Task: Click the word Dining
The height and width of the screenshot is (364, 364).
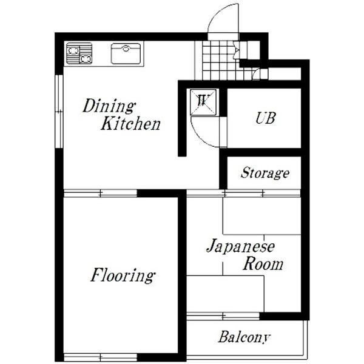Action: pos(109,106)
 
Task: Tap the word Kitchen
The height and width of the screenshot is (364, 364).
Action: pos(130,124)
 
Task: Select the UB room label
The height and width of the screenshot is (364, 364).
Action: pos(266,118)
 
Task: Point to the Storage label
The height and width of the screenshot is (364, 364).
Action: pos(265,173)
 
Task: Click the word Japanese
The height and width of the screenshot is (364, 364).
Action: pos(240,246)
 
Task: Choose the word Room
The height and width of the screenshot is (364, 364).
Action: pos(263,264)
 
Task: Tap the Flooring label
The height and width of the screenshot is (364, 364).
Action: pos(123,275)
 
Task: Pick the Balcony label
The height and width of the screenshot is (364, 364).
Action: pos(244,337)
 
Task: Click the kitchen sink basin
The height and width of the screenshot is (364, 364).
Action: pos(126,53)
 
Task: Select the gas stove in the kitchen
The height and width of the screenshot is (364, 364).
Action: pos(79,53)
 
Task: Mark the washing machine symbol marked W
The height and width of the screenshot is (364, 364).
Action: pos(203,102)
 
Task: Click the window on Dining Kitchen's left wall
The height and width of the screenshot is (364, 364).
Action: pos(59,112)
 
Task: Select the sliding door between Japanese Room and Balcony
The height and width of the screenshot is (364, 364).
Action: pos(223,316)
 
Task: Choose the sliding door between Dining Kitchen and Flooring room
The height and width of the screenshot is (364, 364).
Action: pos(100,194)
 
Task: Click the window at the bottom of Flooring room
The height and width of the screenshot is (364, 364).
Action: pos(100,357)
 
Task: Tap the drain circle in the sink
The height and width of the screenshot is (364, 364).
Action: pos(126,49)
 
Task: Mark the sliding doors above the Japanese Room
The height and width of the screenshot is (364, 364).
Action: pos(244,193)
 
